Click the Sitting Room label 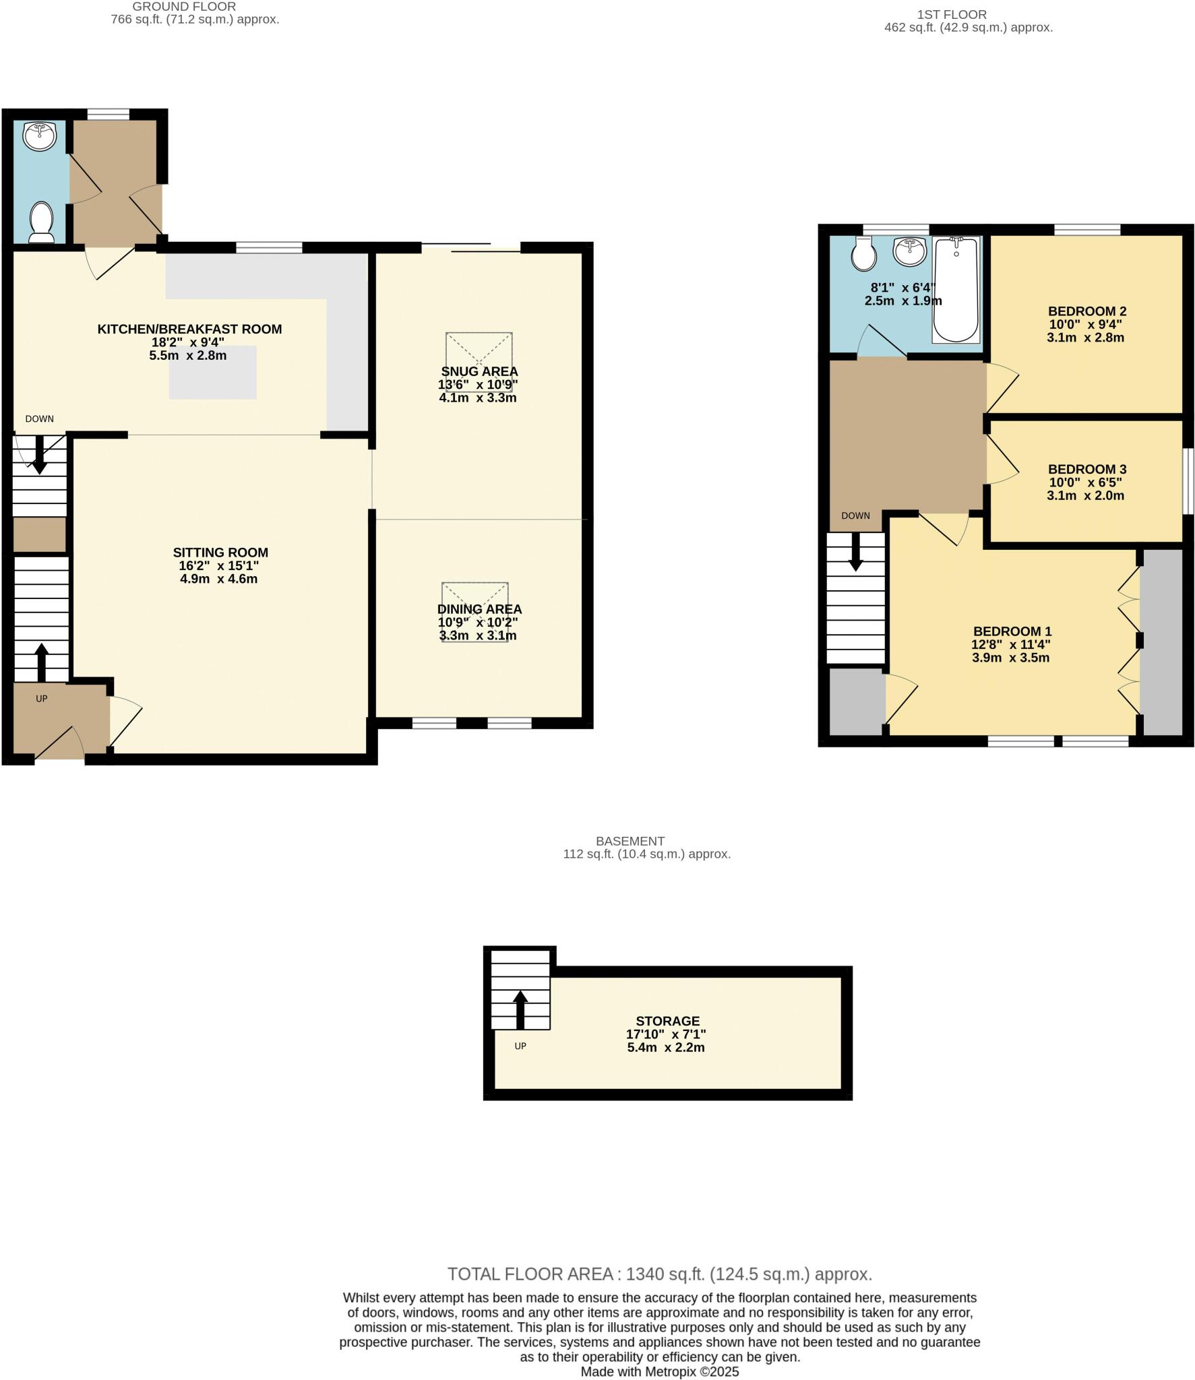click(x=220, y=553)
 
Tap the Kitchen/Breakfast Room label click(x=189, y=329)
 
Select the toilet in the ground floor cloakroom click(x=42, y=222)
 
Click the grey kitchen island click(x=213, y=373)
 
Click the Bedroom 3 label click(x=1086, y=469)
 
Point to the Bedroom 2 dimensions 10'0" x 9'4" click(x=1085, y=324)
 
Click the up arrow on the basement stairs click(x=520, y=1009)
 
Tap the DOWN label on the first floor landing click(x=855, y=515)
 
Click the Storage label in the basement click(x=667, y=1021)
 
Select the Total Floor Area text click(x=659, y=1274)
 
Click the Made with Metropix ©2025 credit click(x=659, y=1371)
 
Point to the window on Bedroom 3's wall click(x=1189, y=480)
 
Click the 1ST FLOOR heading click(x=951, y=14)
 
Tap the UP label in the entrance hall click(x=42, y=699)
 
